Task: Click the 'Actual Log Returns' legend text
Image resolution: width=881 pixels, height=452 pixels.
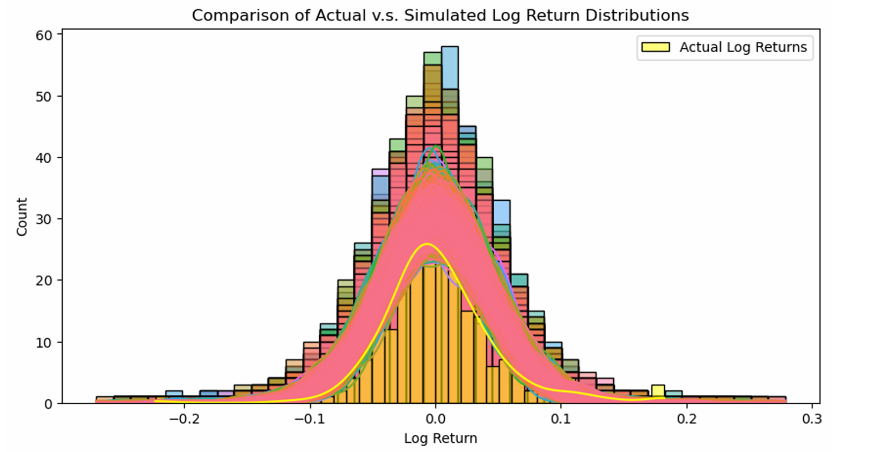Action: pos(743,47)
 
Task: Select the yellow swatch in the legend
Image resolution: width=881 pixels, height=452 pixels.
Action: pos(656,47)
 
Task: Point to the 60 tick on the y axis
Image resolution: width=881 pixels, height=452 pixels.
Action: pos(45,35)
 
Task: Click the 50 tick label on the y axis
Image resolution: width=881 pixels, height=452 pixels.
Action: pos(45,97)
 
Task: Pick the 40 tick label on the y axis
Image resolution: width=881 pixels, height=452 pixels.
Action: pos(45,158)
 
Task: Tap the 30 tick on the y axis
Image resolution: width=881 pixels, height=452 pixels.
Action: pos(45,219)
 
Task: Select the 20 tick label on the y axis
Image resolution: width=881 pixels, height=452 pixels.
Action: pos(45,280)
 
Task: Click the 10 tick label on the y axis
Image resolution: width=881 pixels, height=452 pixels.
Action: pos(45,342)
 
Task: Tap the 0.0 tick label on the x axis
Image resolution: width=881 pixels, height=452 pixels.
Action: pos(435,419)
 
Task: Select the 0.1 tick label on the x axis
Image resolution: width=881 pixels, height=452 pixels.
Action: pos(561,419)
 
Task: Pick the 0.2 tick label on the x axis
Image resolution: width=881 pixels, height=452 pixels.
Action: pos(686,419)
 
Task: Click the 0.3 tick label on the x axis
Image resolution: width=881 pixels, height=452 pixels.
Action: pos(812,419)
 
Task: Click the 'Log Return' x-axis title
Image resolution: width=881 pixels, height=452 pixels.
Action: pos(440,439)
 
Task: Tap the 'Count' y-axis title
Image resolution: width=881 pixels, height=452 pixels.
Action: pos(22,217)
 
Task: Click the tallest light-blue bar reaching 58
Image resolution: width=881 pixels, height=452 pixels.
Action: pos(450,67)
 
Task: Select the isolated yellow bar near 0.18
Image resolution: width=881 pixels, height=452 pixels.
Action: pos(658,391)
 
